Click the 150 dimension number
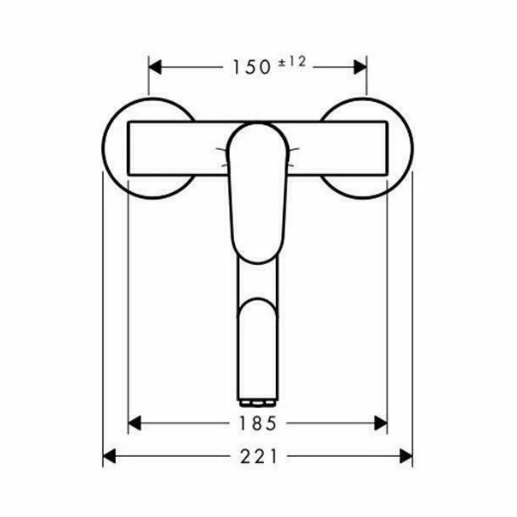coord(250,66)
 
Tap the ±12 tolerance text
coord(291,61)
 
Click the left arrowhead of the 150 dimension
coord(155,66)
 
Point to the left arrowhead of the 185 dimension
coord(134,422)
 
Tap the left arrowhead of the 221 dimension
coord(109,457)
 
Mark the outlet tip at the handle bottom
coord(258,402)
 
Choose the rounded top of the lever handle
coord(257,130)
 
